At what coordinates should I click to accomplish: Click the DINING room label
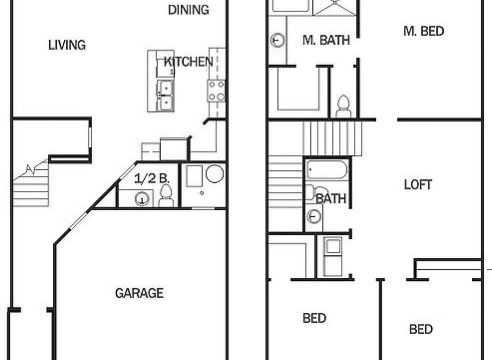click(x=188, y=9)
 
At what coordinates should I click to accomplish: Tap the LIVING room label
click(x=67, y=45)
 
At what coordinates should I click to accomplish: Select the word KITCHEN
click(x=188, y=61)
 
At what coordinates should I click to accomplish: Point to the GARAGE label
click(x=139, y=293)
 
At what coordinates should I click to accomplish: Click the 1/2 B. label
click(x=151, y=178)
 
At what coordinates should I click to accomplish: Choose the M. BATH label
click(x=326, y=40)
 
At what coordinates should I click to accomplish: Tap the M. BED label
click(x=423, y=31)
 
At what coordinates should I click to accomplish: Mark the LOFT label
click(x=418, y=184)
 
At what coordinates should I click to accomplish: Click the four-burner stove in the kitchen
click(x=216, y=90)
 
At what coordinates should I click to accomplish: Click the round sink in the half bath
click(x=141, y=198)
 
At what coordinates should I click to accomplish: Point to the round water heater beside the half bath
click(x=214, y=173)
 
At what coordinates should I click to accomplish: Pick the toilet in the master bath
click(x=343, y=106)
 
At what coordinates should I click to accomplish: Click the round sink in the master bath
click(x=277, y=40)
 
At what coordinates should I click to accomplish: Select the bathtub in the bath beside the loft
click(x=327, y=170)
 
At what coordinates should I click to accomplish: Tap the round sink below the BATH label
click(x=314, y=216)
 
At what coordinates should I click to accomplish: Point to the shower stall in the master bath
click(x=335, y=7)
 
